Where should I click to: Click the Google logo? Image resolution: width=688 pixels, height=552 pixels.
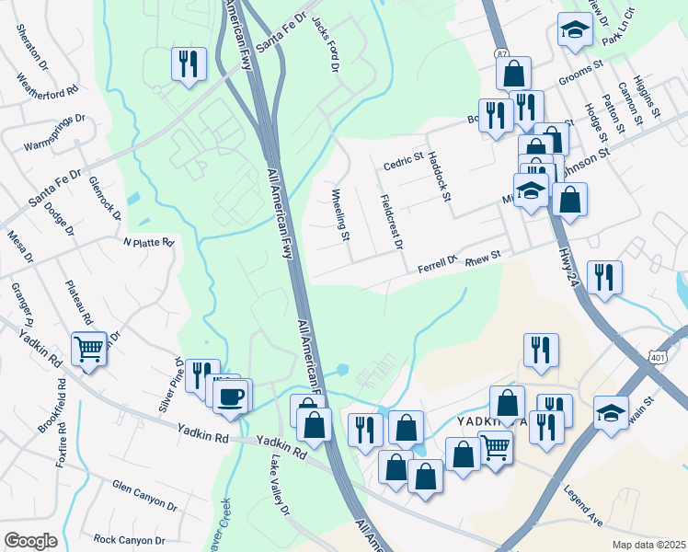[x=30, y=541]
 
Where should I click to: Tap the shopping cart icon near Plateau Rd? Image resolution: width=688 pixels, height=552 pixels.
[x=88, y=349]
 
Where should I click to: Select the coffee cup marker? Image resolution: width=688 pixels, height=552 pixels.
[x=232, y=397]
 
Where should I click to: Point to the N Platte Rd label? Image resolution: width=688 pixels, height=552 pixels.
[x=148, y=243]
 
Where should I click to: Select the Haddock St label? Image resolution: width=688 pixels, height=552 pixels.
[x=440, y=177]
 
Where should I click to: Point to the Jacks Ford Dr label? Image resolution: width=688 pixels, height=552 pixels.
[x=327, y=44]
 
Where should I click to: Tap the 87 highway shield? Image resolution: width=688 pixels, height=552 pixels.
[x=499, y=53]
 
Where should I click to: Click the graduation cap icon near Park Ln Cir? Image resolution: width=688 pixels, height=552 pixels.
[x=575, y=30]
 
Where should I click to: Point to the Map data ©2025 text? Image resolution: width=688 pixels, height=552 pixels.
[x=648, y=545]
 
